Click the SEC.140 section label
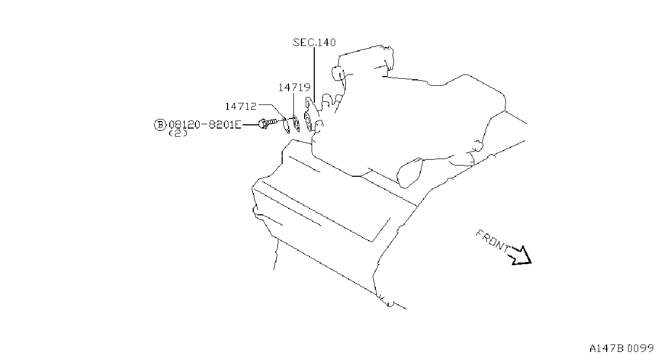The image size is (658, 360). [314, 43]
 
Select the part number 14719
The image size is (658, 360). [294, 87]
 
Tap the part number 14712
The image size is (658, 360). [241, 107]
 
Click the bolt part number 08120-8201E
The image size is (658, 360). [205, 125]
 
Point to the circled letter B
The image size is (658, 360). [160, 125]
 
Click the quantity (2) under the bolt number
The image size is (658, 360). [178, 133]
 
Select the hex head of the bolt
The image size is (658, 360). [263, 124]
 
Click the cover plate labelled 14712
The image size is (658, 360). [286, 125]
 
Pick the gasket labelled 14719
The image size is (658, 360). [297, 124]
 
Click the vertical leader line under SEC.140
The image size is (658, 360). [314, 75]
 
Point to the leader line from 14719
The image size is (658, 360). [294, 104]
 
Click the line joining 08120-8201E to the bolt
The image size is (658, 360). [250, 125]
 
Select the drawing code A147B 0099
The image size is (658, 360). [621, 349]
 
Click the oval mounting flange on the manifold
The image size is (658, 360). [309, 122]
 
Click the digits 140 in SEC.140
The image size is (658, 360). [327, 43]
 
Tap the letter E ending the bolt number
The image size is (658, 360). [238, 125]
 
